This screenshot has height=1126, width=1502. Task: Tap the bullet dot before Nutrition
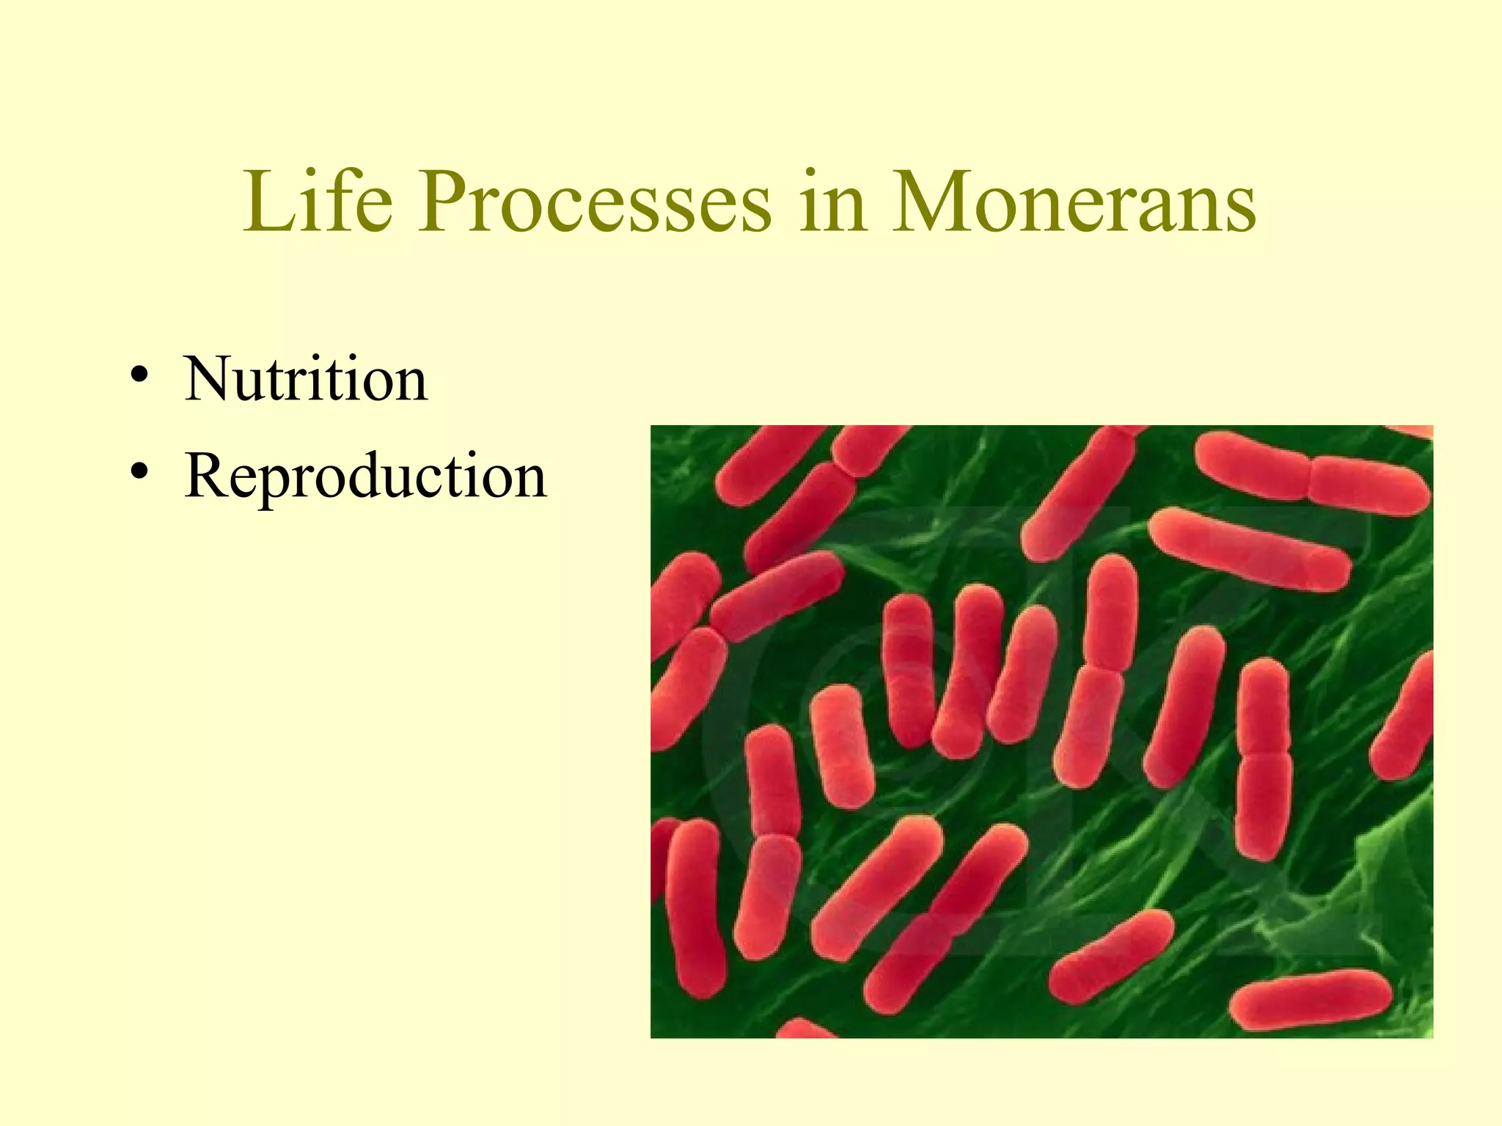[x=139, y=376]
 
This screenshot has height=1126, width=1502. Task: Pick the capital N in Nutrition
[x=208, y=378]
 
